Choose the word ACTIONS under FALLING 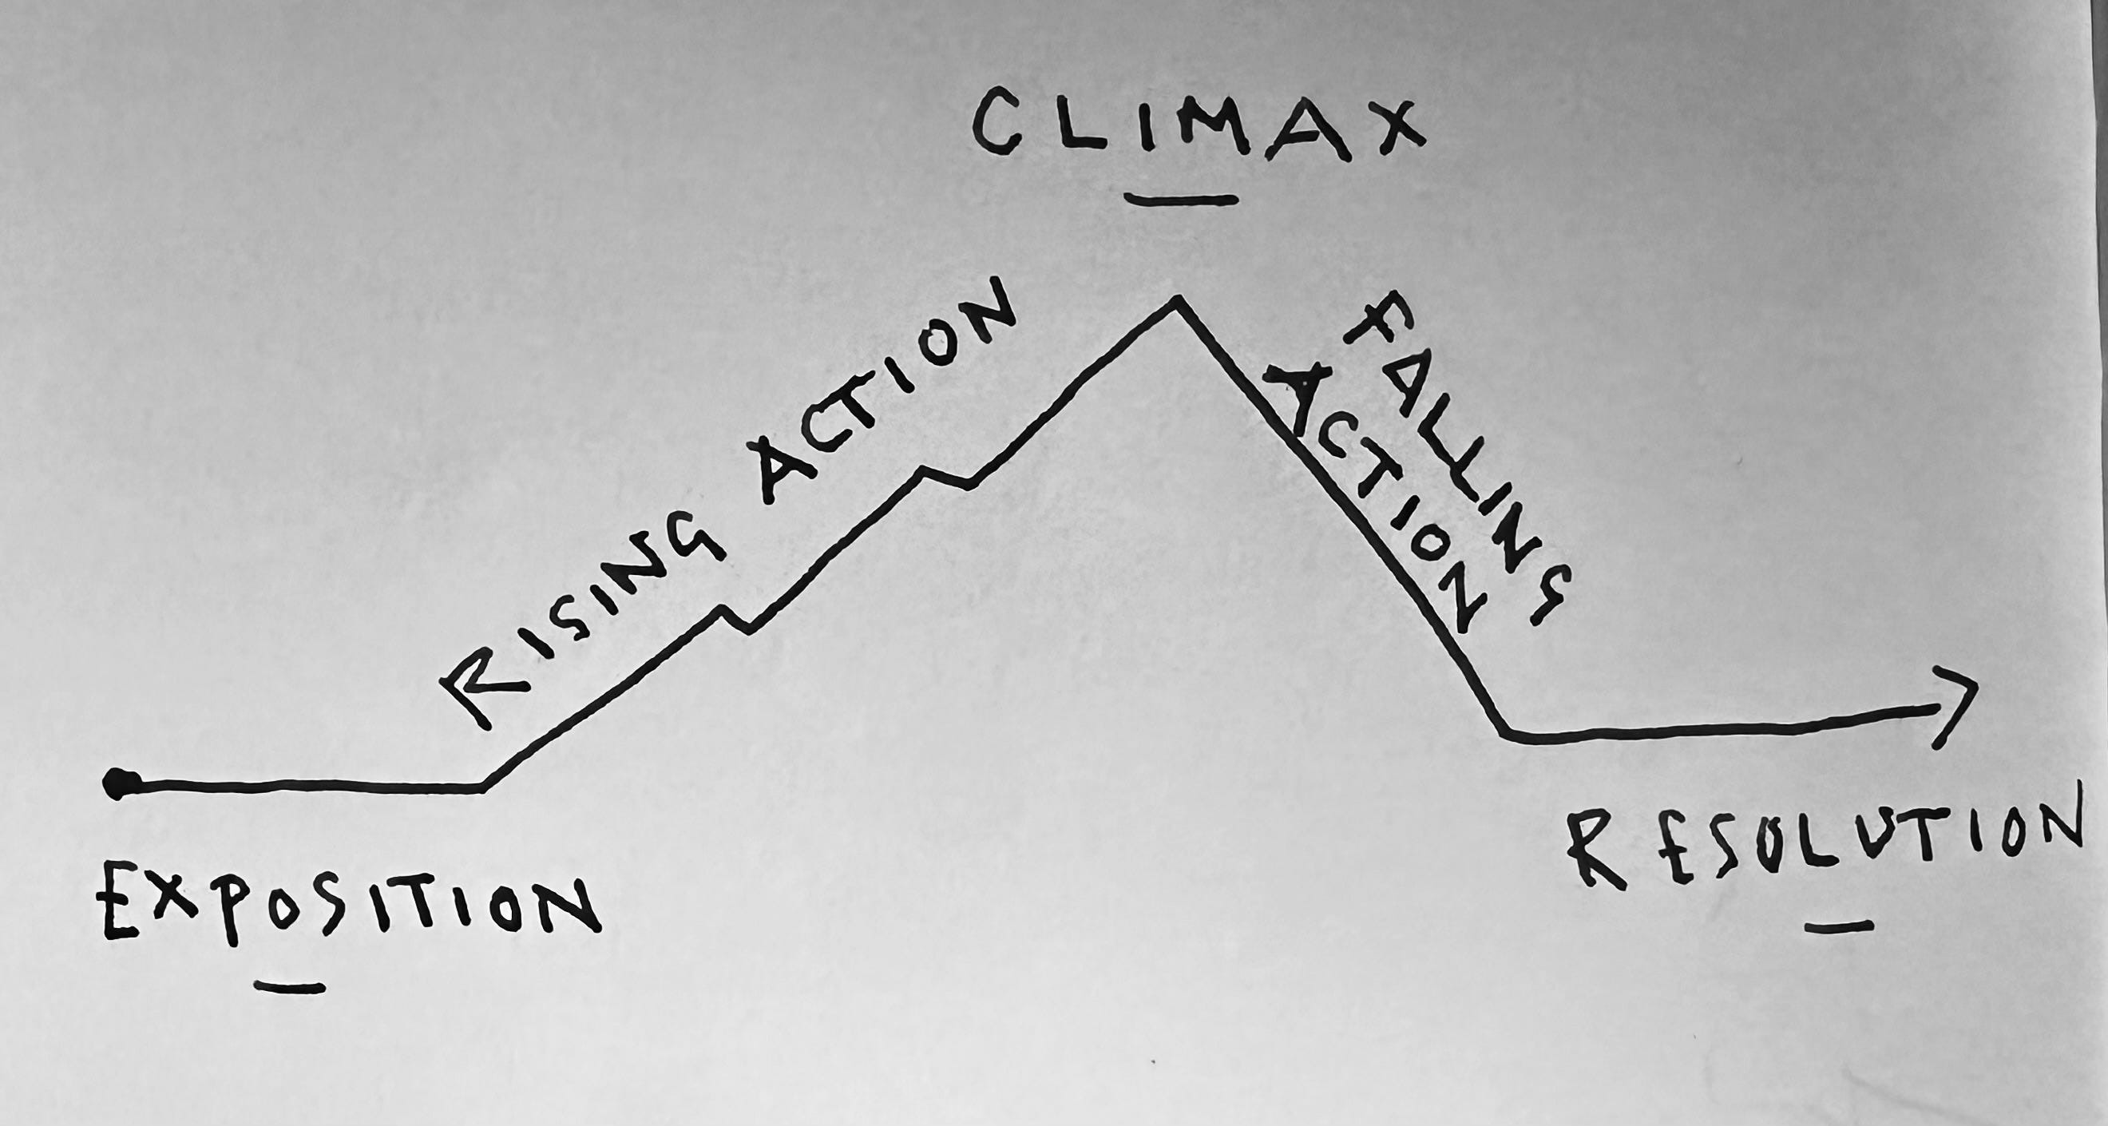pos(1383,499)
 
